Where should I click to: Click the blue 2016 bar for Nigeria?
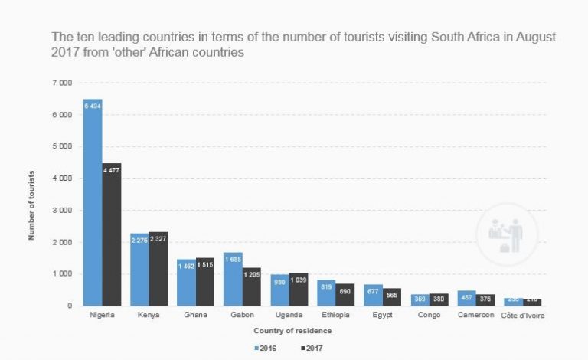(x=93, y=202)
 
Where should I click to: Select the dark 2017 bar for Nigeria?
(x=112, y=234)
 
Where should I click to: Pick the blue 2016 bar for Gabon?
(x=233, y=279)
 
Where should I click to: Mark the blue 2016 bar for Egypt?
(x=373, y=295)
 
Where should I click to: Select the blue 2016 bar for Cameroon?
(x=467, y=298)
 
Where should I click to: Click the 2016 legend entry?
(x=266, y=348)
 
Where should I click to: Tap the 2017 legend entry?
(x=312, y=348)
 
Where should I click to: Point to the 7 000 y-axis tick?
(x=62, y=83)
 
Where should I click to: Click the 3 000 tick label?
(x=62, y=210)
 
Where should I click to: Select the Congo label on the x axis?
(x=429, y=315)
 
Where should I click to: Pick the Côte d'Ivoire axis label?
(x=523, y=315)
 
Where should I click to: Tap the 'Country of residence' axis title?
(x=293, y=331)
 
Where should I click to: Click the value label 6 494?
(x=93, y=106)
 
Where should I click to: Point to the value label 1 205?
(x=252, y=274)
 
